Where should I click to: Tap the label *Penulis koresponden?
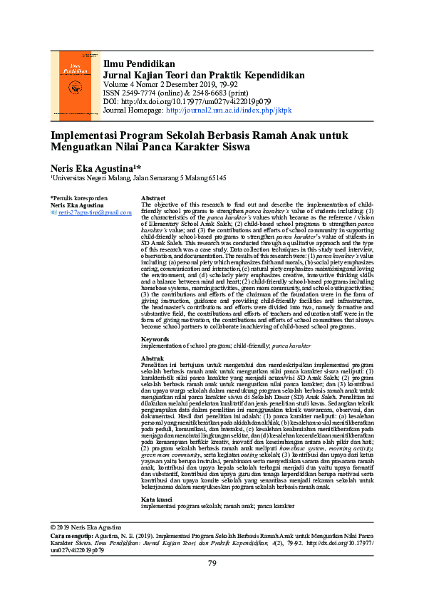click(79, 197)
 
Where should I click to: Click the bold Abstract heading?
click(153, 197)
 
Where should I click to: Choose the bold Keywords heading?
click(155, 338)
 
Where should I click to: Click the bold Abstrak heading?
click(152, 358)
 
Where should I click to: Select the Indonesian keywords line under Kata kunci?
click(217, 505)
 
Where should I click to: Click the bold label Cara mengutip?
click(72, 534)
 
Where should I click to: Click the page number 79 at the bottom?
click(212, 564)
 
